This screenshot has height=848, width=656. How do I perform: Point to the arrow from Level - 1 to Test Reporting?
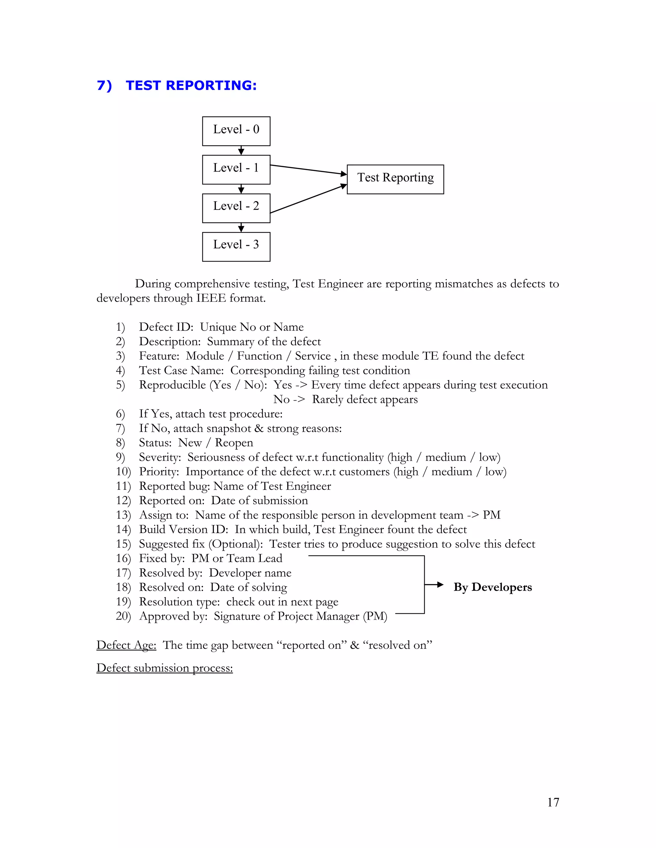(308, 170)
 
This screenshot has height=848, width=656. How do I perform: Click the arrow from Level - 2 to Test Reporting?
(308, 198)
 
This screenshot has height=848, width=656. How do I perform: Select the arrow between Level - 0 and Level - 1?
(241, 151)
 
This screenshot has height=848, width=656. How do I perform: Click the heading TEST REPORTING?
(191, 85)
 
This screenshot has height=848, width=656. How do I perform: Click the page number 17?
(553, 802)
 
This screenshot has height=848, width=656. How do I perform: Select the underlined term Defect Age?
(126, 645)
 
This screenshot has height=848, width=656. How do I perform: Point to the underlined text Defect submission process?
(164, 668)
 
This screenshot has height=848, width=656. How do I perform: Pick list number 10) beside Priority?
(123, 471)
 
